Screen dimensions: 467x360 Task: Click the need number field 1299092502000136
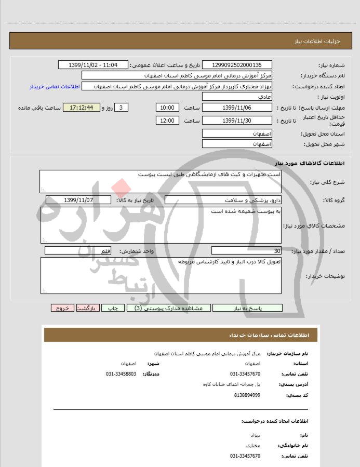[236, 65]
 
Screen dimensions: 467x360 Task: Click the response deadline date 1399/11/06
[236, 108]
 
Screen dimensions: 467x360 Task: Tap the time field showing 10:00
[167, 108]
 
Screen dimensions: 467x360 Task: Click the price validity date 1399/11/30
[236, 121]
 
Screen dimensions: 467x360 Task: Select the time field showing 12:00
[167, 121]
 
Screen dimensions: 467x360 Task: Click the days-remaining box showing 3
[121, 108]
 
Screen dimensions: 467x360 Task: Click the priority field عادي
[236, 97]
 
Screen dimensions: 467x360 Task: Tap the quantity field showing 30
[246, 251]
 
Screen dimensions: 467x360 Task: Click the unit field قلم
[78, 251]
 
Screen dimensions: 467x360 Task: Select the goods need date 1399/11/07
[78, 200]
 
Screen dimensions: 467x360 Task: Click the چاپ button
[113, 308]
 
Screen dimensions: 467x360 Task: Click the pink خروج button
[63, 308]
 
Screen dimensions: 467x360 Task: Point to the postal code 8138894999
[245, 395]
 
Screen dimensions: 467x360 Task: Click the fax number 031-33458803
[121, 373]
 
